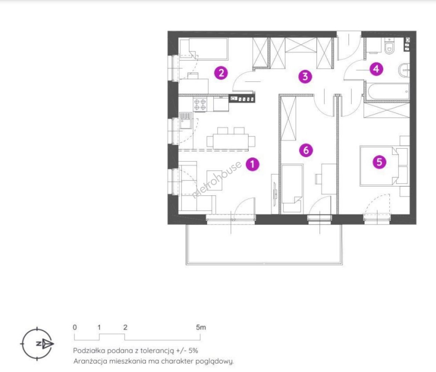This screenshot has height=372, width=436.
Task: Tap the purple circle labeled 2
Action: click(x=221, y=73)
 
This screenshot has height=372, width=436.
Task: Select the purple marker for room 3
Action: click(x=305, y=76)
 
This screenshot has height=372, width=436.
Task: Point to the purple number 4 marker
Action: click(x=376, y=69)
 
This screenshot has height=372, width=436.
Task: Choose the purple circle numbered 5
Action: click(x=379, y=162)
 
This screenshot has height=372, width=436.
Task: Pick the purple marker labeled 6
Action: click(x=306, y=150)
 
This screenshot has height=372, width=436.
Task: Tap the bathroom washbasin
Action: click(x=404, y=70)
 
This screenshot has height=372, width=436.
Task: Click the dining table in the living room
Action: click(x=230, y=141)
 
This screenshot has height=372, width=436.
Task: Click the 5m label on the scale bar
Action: click(x=200, y=327)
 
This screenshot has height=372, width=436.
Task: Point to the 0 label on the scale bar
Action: click(x=75, y=327)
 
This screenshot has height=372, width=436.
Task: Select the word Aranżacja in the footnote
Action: click(x=90, y=361)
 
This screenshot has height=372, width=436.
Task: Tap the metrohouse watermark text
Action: click(x=217, y=179)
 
